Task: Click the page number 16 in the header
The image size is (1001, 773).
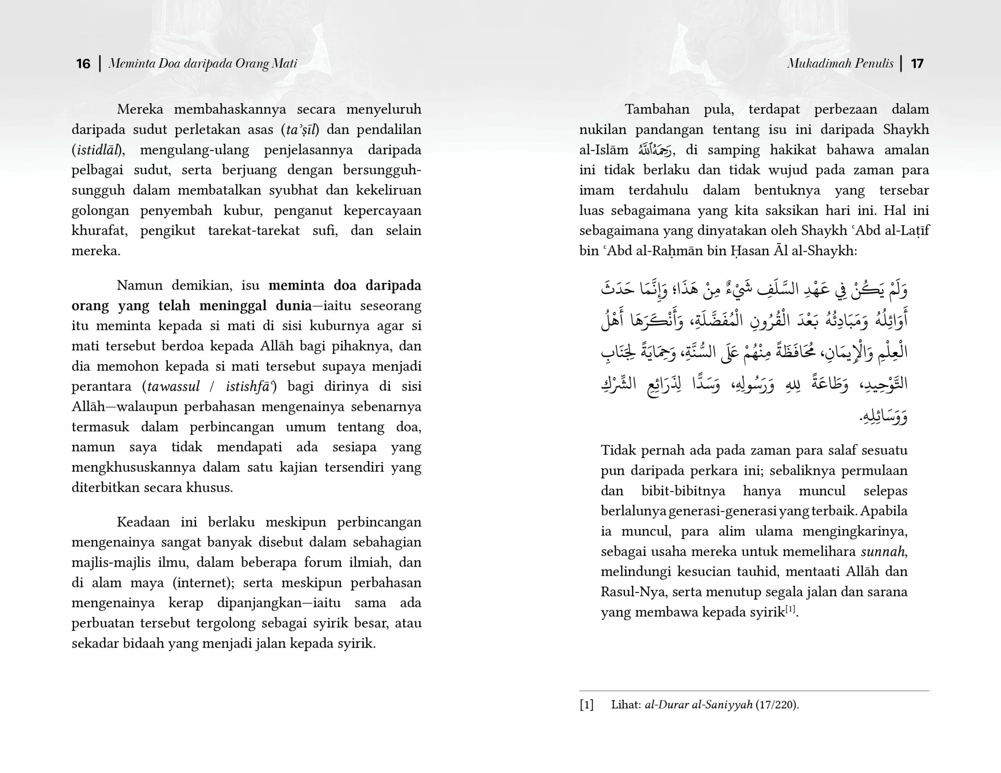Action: [83, 63]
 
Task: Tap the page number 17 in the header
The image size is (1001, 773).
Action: [917, 63]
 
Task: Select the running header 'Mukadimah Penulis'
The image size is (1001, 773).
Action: [840, 63]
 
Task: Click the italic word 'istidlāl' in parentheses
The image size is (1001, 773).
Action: [97, 150]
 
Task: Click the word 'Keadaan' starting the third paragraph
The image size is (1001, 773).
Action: [143, 522]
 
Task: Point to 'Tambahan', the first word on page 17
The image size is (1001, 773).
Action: [657, 109]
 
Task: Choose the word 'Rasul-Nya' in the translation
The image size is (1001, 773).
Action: [633, 592]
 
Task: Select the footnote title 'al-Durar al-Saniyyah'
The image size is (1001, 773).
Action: [698, 705]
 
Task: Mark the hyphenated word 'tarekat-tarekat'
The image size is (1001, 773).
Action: [253, 231]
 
